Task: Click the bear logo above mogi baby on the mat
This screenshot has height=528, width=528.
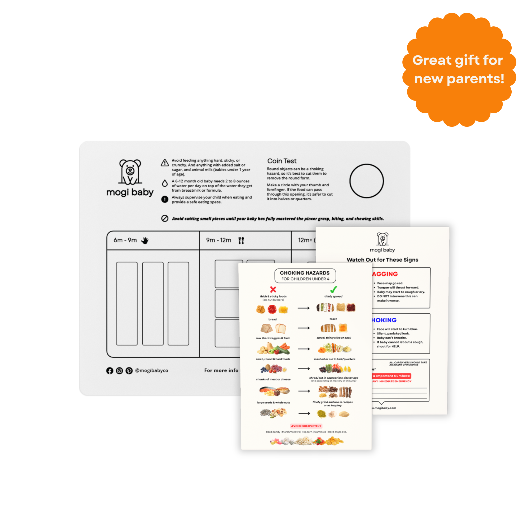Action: pos(130,172)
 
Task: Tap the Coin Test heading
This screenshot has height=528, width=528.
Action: pos(282,161)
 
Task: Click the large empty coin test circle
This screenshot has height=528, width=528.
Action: pos(366,181)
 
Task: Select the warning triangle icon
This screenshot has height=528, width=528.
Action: pos(165,163)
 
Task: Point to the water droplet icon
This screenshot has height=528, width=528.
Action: pos(165,183)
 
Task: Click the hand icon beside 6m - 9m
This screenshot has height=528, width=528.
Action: pos(145,241)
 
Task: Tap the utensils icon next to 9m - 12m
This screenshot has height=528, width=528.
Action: pos(241,241)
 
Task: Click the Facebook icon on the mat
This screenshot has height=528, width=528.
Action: pos(110,371)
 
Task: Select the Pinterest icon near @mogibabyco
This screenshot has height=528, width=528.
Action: pos(129,371)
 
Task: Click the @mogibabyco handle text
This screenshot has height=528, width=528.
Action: pos(152,370)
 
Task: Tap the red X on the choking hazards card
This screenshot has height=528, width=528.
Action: pos(273,289)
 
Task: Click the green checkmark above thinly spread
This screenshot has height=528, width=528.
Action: pos(333,289)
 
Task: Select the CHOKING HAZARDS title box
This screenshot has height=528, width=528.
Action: pos(305,275)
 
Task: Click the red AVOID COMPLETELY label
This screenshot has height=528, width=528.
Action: pos(306,426)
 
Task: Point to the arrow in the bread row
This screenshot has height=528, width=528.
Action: pos(304,328)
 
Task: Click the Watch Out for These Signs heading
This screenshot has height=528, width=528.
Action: pos(382,260)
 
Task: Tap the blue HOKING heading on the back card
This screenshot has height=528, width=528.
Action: pos(384,320)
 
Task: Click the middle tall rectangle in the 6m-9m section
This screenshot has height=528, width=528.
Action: pos(153,303)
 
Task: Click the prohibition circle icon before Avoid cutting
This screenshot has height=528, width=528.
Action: pos(165,218)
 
